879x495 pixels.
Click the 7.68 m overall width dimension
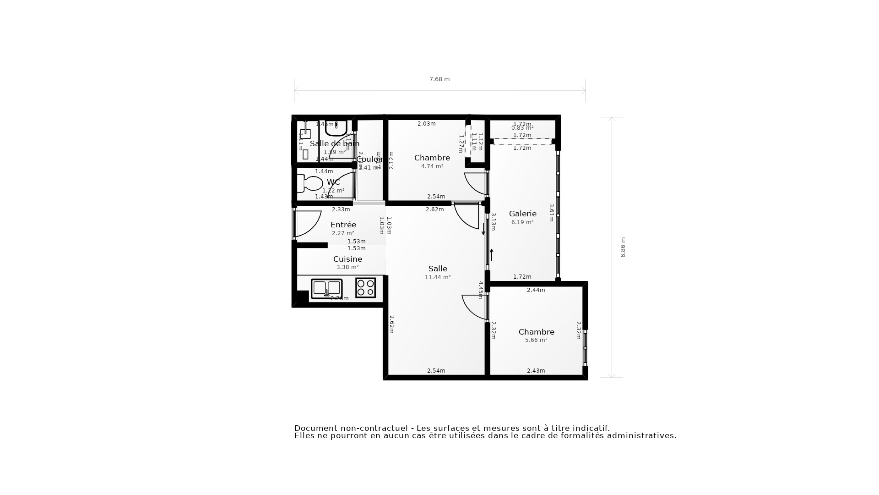click(x=439, y=79)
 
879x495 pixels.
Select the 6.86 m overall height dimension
click(x=623, y=247)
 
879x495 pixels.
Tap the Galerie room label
click(x=522, y=214)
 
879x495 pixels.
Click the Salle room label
click(x=438, y=269)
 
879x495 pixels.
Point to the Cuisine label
click(x=347, y=259)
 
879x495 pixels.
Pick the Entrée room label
click(x=343, y=225)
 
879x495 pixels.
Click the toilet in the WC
click(x=311, y=183)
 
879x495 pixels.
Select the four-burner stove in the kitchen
click(x=365, y=288)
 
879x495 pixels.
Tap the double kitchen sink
click(x=326, y=288)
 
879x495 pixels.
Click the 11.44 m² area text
click(x=438, y=277)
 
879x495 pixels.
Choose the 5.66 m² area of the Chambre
click(x=536, y=340)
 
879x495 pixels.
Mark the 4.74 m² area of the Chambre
click(x=432, y=166)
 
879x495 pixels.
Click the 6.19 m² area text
click(x=522, y=222)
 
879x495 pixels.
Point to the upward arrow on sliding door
click(x=492, y=254)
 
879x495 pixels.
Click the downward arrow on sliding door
click(x=483, y=229)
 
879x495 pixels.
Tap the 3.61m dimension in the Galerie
click(x=552, y=213)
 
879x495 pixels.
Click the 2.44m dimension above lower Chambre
click(x=536, y=290)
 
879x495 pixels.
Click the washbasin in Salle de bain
click(x=336, y=128)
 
